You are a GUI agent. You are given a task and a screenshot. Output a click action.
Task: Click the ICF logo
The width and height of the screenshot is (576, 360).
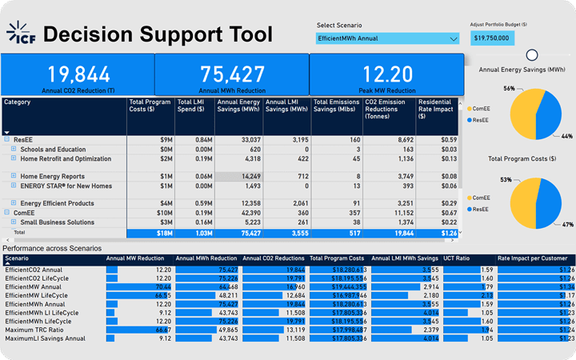(22, 34)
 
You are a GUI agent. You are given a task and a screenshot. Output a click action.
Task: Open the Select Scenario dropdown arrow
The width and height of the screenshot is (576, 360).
(454, 38)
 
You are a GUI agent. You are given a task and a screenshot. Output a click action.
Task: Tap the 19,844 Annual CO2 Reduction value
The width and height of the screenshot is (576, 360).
(78, 74)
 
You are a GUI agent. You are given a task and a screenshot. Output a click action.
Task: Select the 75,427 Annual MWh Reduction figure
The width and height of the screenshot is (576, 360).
(232, 74)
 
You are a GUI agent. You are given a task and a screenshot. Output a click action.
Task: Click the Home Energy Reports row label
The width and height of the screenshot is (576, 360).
(52, 176)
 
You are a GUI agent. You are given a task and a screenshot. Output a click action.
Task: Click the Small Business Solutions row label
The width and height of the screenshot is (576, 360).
(58, 222)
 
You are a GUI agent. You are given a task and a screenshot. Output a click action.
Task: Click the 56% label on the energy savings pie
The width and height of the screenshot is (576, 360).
(510, 88)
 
